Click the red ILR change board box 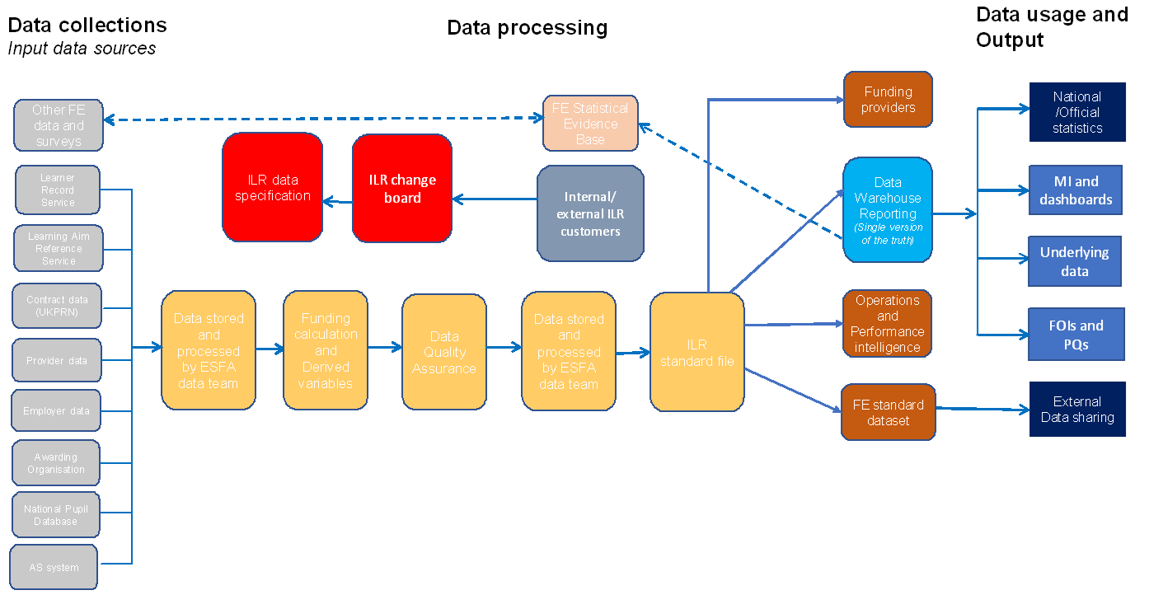[x=402, y=188]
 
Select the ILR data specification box [x=272, y=188]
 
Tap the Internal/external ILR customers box [x=590, y=213]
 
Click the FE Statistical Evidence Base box [x=590, y=124]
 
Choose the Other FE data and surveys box [x=59, y=125]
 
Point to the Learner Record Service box [x=57, y=190]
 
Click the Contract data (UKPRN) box [x=57, y=306]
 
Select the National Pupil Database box [x=55, y=515]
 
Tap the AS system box [x=54, y=567]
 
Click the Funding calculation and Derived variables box [x=326, y=350]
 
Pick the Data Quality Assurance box [x=443, y=352]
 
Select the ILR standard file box [x=697, y=352]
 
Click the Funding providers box [x=888, y=100]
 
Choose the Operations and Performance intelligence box [x=887, y=323]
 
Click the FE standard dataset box [x=888, y=412]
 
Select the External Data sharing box [x=1076, y=409]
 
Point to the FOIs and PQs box [x=1075, y=335]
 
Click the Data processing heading [x=527, y=28]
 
